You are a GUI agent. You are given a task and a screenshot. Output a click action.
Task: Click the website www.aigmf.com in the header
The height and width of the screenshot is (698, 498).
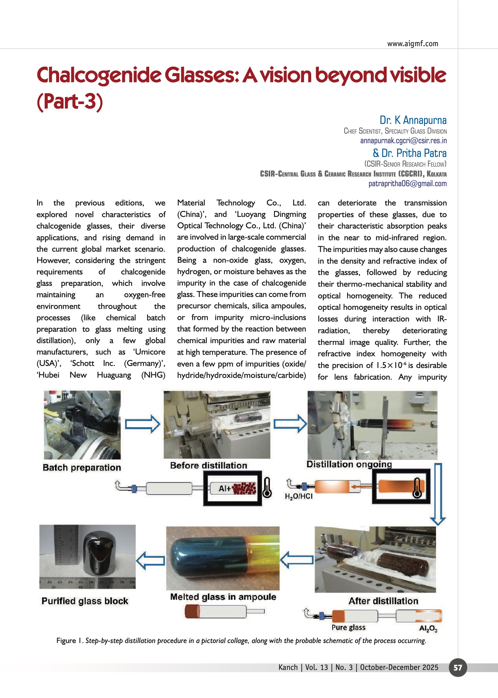(412, 44)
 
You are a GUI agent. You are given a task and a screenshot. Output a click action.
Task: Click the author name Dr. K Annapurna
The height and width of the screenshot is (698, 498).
(413, 120)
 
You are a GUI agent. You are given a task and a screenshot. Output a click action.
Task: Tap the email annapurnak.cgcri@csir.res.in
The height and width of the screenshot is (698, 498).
(403, 141)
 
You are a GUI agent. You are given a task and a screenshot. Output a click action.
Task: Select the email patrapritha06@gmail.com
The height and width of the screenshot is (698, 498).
(407, 184)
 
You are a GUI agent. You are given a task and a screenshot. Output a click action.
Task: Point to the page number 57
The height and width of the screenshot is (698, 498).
(458, 667)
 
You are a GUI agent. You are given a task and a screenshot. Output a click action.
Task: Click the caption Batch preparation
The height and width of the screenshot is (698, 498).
(82, 467)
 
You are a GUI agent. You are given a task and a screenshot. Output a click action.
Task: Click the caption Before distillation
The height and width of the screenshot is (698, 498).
(208, 465)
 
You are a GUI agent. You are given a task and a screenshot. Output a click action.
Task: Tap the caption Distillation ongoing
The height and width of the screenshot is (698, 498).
(349, 464)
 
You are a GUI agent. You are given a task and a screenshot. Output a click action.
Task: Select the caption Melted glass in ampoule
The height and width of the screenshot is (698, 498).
(223, 597)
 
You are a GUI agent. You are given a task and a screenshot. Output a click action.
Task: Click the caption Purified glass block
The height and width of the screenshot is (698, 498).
(85, 601)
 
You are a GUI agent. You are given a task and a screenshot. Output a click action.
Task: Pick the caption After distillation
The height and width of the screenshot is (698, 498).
(383, 601)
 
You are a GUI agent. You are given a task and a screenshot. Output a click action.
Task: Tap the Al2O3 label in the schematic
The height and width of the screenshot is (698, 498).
(428, 628)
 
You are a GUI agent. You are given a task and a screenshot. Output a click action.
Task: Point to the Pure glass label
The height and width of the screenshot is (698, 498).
(348, 627)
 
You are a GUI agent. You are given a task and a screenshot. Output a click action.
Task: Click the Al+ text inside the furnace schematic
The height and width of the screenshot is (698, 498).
(224, 488)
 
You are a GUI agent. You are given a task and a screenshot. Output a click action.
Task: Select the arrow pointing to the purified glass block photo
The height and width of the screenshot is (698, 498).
(151, 560)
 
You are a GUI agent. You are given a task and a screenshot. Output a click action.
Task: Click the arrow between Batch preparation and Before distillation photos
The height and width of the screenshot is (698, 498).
(143, 424)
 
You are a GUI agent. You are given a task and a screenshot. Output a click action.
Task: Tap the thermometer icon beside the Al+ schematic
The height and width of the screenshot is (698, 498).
(267, 488)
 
